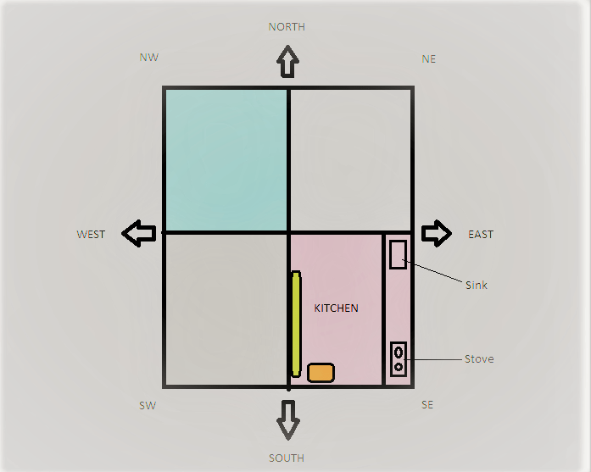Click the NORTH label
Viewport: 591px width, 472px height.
(x=287, y=27)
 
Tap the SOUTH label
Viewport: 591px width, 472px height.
(x=287, y=458)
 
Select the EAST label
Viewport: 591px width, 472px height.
(x=481, y=235)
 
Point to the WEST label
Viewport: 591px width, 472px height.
(x=91, y=235)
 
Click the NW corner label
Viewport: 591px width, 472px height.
(x=148, y=58)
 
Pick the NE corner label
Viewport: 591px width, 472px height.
(x=428, y=59)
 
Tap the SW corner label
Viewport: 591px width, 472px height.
(x=148, y=406)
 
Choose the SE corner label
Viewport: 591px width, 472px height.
(x=427, y=405)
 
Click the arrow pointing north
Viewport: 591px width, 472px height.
(x=287, y=62)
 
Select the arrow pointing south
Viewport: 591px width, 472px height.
(x=288, y=419)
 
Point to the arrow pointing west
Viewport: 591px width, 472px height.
(x=139, y=233)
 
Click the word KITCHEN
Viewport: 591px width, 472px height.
(x=336, y=308)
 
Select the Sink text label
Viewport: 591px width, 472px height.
(x=477, y=286)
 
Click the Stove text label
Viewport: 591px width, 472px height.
(x=479, y=359)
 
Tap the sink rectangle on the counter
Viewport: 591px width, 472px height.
(x=398, y=254)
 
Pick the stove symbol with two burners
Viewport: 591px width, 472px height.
(x=398, y=358)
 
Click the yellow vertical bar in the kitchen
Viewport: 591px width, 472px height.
(x=295, y=324)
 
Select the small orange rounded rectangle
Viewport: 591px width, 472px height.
(x=321, y=373)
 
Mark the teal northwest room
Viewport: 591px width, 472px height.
(x=226, y=159)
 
